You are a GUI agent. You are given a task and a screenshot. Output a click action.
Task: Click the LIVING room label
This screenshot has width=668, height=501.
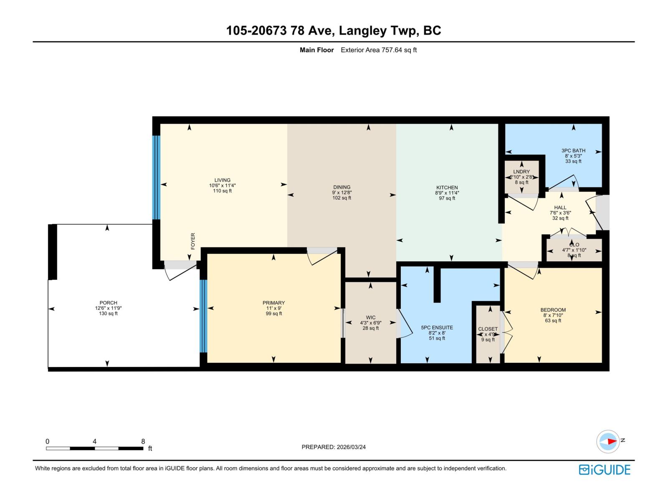click(222, 180)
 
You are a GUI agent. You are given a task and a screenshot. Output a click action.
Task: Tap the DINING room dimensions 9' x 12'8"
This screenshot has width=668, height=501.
click(342, 192)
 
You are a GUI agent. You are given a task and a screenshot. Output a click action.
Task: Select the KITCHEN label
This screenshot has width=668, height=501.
click(447, 187)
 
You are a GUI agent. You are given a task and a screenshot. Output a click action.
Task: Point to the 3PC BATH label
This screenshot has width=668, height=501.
click(573, 150)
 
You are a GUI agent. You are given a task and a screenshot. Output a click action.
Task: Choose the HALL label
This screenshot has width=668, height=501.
click(560, 207)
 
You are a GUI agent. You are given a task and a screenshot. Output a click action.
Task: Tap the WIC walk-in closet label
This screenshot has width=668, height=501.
click(370, 317)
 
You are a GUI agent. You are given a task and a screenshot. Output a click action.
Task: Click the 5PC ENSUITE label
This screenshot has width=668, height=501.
click(437, 328)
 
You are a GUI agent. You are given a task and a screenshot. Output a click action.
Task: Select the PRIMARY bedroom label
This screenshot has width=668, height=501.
click(273, 303)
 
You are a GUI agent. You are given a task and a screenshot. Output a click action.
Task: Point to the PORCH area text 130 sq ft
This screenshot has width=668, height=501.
click(108, 314)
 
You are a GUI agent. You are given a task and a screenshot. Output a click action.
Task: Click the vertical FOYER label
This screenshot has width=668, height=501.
click(193, 241)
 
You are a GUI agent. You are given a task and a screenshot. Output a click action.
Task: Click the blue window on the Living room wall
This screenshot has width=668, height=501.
click(156, 177)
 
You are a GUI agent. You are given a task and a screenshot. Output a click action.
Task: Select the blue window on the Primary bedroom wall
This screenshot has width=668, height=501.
click(203, 316)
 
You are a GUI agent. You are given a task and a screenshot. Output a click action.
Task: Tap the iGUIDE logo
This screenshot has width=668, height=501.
click(604, 470)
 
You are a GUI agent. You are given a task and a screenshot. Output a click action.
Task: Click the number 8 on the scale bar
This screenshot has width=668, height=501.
click(143, 441)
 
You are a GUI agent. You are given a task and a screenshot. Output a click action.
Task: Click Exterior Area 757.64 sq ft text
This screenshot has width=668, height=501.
click(378, 50)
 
